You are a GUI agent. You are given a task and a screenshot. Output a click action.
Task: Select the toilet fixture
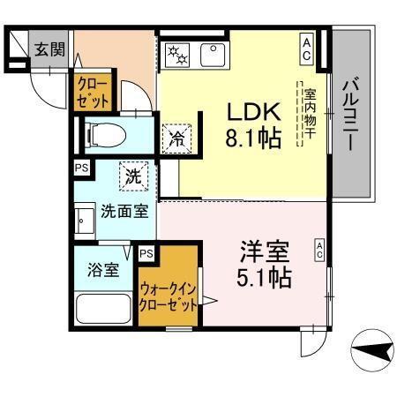coord(105,135)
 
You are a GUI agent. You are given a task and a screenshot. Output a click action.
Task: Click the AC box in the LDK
coord(307,45)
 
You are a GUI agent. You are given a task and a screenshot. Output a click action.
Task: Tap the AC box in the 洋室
coord(318,250)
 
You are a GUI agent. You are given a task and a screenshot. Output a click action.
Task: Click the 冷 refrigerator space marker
coord(176,139)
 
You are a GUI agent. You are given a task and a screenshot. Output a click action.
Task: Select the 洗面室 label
coord(118,212)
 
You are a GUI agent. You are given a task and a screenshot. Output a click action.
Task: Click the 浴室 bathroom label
coord(103,271)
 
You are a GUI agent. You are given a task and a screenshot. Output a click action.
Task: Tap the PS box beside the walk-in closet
coord(146,254)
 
